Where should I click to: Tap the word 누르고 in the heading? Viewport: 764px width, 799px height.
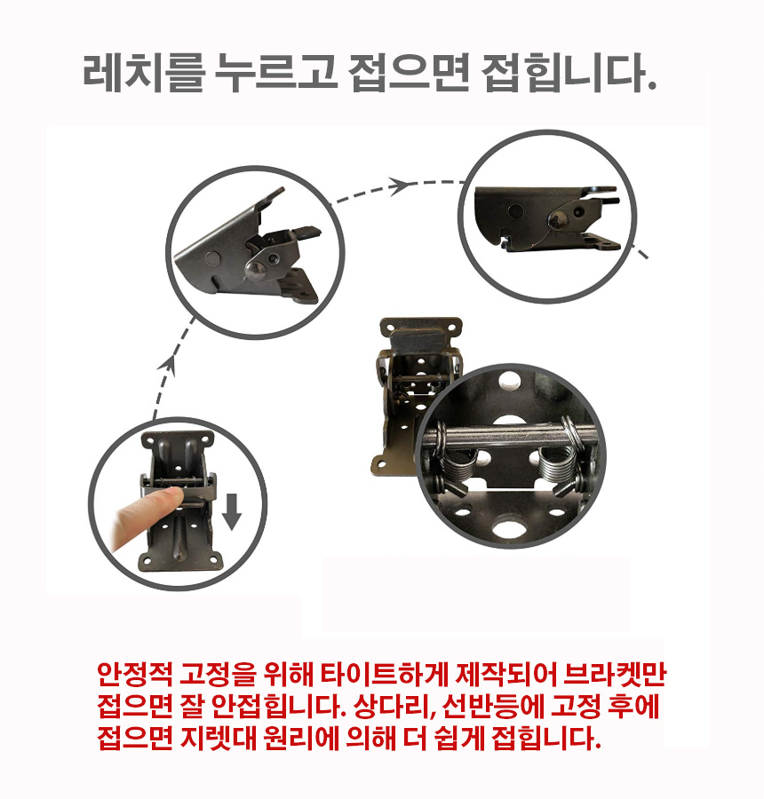(x=275, y=74)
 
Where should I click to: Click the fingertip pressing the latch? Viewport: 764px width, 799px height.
(x=172, y=497)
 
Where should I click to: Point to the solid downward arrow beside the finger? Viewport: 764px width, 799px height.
(x=232, y=511)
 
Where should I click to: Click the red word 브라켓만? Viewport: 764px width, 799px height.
(x=615, y=674)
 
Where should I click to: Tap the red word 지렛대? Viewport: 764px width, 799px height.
(x=218, y=738)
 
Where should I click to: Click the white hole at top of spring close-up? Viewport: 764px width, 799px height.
(x=508, y=378)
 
